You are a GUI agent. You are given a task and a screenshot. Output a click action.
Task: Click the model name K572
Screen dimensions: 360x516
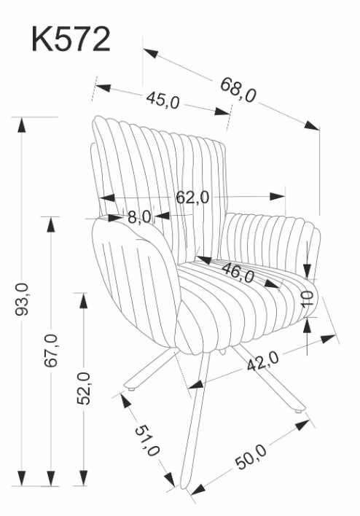tap(71, 39)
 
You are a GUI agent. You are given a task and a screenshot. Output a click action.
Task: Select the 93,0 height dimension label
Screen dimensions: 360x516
tap(22, 299)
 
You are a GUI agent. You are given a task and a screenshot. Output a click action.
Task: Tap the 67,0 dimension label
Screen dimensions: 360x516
tap(51, 350)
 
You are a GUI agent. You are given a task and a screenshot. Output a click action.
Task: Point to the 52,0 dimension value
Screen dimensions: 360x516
tap(84, 388)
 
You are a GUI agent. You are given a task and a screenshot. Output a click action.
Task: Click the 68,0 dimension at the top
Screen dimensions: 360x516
tap(238, 90)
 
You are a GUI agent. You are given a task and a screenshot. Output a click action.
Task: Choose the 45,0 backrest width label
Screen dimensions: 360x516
tap(163, 100)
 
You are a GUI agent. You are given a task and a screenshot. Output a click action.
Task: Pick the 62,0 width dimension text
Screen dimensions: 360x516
tap(192, 198)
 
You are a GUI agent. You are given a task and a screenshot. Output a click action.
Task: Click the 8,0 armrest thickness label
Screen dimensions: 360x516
tap(139, 217)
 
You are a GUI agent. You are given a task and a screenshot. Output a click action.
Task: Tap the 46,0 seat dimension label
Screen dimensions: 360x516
tap(238, 273)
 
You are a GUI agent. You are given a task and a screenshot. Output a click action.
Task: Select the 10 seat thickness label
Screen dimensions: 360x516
tap(308, 299)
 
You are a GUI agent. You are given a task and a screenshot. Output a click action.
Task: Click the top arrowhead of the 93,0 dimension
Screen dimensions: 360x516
tap(22, 125)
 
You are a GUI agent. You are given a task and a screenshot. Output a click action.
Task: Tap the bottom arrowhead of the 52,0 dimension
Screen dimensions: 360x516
tap(84, 478)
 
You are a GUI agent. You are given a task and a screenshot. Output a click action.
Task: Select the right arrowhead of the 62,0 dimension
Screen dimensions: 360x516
tap(278, 197)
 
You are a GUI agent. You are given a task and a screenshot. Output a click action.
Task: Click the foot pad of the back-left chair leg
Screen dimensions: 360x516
tap(132, 389)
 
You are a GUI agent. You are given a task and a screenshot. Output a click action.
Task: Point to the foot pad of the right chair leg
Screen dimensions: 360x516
tap(299, 411)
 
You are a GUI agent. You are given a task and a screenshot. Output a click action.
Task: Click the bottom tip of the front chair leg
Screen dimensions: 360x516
tap(184, 488)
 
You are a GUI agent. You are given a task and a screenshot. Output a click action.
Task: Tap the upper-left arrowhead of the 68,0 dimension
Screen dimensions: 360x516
tap(150, 53)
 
